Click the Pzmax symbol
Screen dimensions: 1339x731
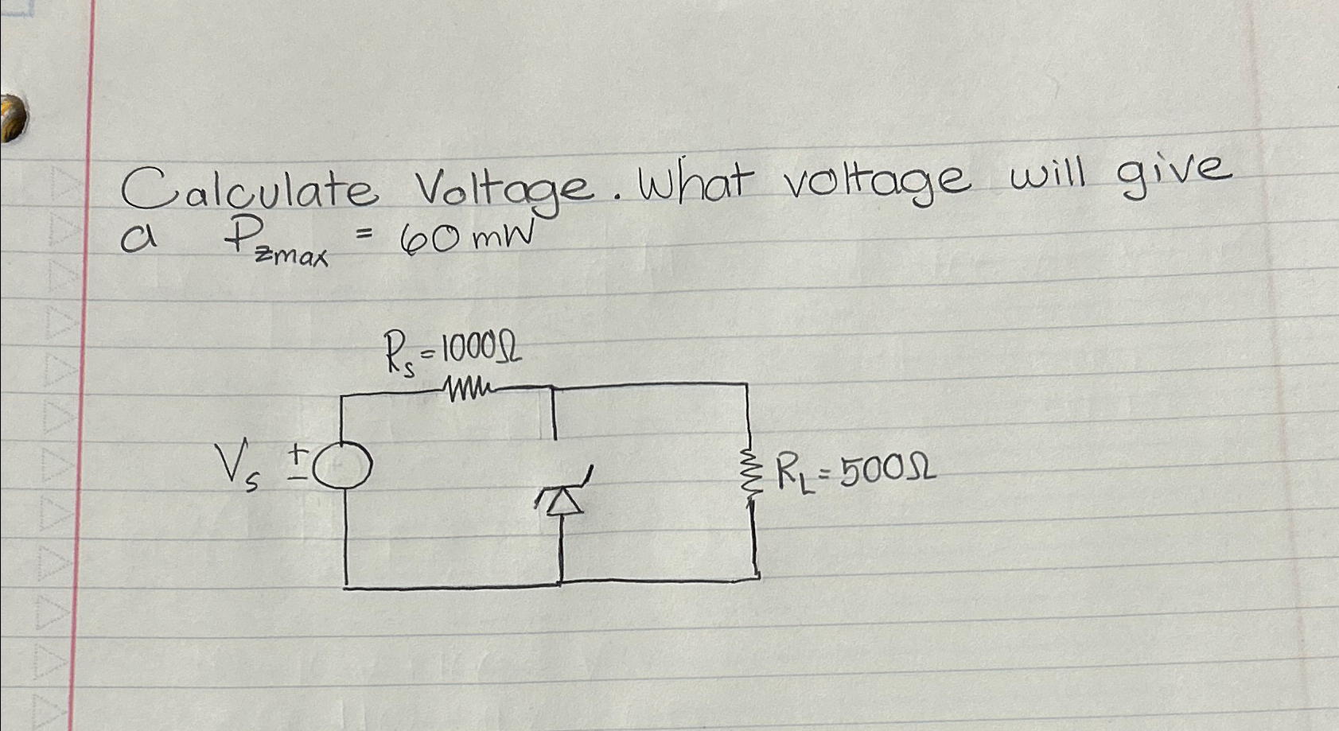click(x=274, y=243)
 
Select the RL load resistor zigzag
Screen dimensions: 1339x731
click(x=751, y=476)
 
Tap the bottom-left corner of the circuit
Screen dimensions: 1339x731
click(x=346, y=587)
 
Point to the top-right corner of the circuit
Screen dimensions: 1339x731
click(x=747, y=384)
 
